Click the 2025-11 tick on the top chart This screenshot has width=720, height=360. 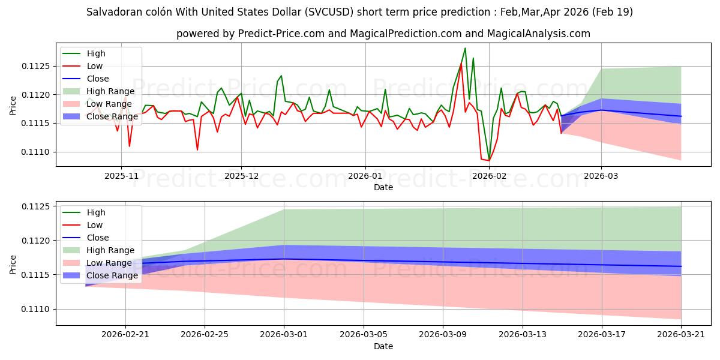(121, 175)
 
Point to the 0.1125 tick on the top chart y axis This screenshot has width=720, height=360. (37, 66)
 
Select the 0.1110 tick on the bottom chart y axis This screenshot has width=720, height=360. (37, 309)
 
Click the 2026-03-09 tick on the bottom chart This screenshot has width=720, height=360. (443, 334)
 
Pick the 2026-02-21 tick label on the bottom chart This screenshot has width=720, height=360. (125, 334)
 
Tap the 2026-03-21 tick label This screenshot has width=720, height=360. (681, 334)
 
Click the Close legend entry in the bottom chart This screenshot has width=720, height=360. (98, 238)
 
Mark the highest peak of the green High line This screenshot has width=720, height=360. (465, 48)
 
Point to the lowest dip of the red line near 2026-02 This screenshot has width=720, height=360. (488, 160)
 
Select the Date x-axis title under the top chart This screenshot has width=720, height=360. (383, 187)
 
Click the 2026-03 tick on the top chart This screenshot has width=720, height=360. (602, 175)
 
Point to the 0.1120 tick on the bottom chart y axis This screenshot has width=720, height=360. (37, 241)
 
